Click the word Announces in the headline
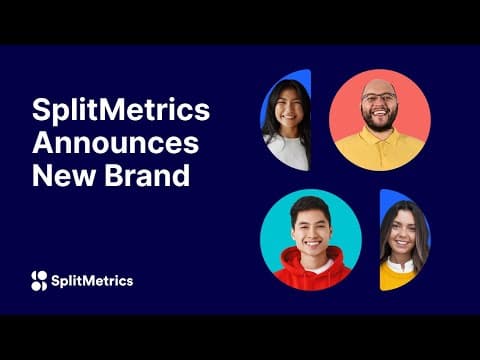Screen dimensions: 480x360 tap(116, 143)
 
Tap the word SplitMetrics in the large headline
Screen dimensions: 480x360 tap(121, 110)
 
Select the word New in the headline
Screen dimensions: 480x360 tap(64, 176)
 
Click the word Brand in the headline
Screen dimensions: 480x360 tap(148, 175)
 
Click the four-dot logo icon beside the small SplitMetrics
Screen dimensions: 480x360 tap(39, 281)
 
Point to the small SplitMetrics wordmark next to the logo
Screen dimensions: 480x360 tap(92, 281)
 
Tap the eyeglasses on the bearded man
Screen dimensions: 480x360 tap(379, 98)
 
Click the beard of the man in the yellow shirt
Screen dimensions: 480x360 tap(380, 121)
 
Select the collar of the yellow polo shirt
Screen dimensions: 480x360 tap(379, 137)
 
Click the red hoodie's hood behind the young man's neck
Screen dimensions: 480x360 tap(312, 258)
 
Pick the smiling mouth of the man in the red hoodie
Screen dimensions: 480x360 tap(312, 243)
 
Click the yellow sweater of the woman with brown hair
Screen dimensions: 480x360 tap(396, 276)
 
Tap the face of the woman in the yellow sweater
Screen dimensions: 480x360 tap(402, 232)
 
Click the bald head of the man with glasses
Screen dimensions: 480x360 tap(379, 86)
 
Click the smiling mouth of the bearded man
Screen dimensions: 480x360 tap(380, 113)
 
